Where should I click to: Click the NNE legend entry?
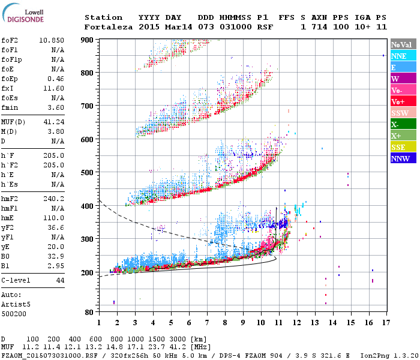[x=403, y=56]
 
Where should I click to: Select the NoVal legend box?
[x=403, y=44]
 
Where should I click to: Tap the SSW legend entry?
[x=403, y=113]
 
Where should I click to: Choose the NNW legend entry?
[x=403, y=159]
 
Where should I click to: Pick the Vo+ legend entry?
[x=403, y=102]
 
